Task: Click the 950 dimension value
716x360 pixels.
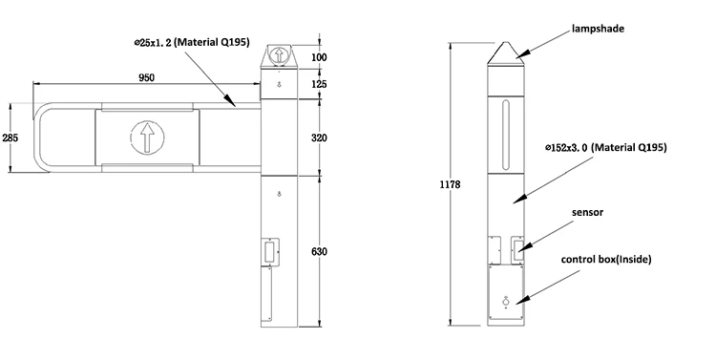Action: point(147,77)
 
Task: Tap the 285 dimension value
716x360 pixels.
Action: point(11,138)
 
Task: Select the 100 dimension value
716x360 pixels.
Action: point(319,57)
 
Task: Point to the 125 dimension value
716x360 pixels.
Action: point(319,84)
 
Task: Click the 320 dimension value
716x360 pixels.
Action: point(319,138)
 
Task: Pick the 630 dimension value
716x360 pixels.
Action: point(319,251)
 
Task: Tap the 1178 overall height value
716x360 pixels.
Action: point(451,184)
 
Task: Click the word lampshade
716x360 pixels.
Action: point(599,29)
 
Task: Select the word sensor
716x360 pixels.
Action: point(588,212)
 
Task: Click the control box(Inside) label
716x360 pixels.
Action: point(606,260)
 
